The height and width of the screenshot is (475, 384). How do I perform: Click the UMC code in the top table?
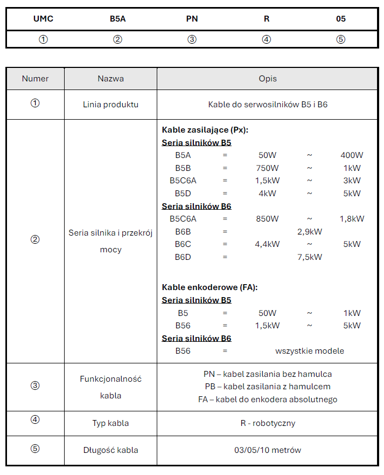43,19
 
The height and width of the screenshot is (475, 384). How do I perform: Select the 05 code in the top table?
340,19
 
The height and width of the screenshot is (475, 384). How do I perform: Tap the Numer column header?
35,79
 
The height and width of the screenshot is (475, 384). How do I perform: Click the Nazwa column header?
110,79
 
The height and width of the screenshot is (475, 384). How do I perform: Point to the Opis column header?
267,79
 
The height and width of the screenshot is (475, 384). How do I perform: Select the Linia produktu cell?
110,105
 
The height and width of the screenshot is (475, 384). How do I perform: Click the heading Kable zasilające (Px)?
205,130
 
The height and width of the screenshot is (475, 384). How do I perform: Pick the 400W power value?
352,155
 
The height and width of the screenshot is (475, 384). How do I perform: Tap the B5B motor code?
183,168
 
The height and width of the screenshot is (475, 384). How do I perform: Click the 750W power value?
267,168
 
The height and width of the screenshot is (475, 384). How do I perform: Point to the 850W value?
267,219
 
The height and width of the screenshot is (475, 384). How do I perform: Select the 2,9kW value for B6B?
309,232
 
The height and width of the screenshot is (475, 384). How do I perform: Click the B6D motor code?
183,257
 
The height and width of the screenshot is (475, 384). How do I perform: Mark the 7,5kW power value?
309,257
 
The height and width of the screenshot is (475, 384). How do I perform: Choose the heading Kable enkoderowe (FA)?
210,287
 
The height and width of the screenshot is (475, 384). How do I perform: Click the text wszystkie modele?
309,351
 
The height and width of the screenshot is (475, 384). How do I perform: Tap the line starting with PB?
267,387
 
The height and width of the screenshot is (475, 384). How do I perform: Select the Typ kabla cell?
110,423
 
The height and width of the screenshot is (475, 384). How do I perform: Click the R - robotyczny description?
267,423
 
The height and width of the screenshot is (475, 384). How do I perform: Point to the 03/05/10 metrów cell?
267,450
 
